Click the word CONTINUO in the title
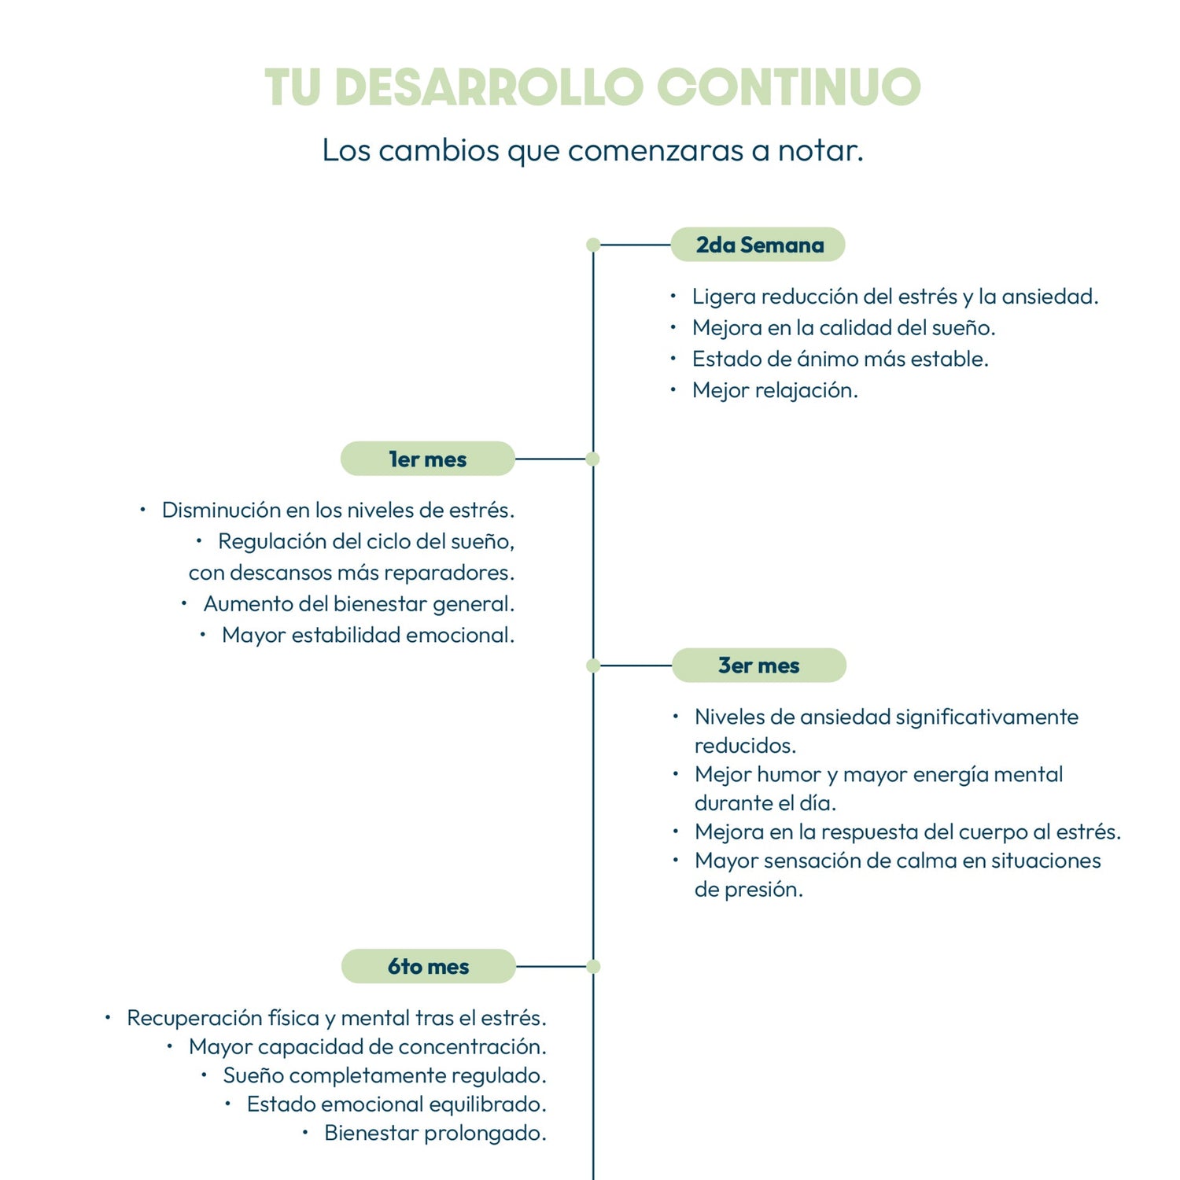pos(788,87)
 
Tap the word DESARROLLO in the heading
pos(489,87)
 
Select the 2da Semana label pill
pos(758,245)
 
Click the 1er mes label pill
pos(427,459)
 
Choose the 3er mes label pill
pos(758,666)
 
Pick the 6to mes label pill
pos(428,966)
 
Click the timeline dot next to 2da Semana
pos(593,245)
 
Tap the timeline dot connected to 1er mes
pos(593,459)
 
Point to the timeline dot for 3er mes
pos(593,666)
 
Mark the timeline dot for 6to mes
pos(593,966)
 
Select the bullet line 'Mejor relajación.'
pos(774,390)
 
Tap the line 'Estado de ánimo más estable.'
pos(839,359)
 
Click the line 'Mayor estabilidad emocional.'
pos(367,635)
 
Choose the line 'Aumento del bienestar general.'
pos(359,603)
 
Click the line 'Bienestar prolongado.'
pos(435,1133)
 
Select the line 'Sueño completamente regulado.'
pos(384,1075)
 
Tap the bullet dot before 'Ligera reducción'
pos(673,296)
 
